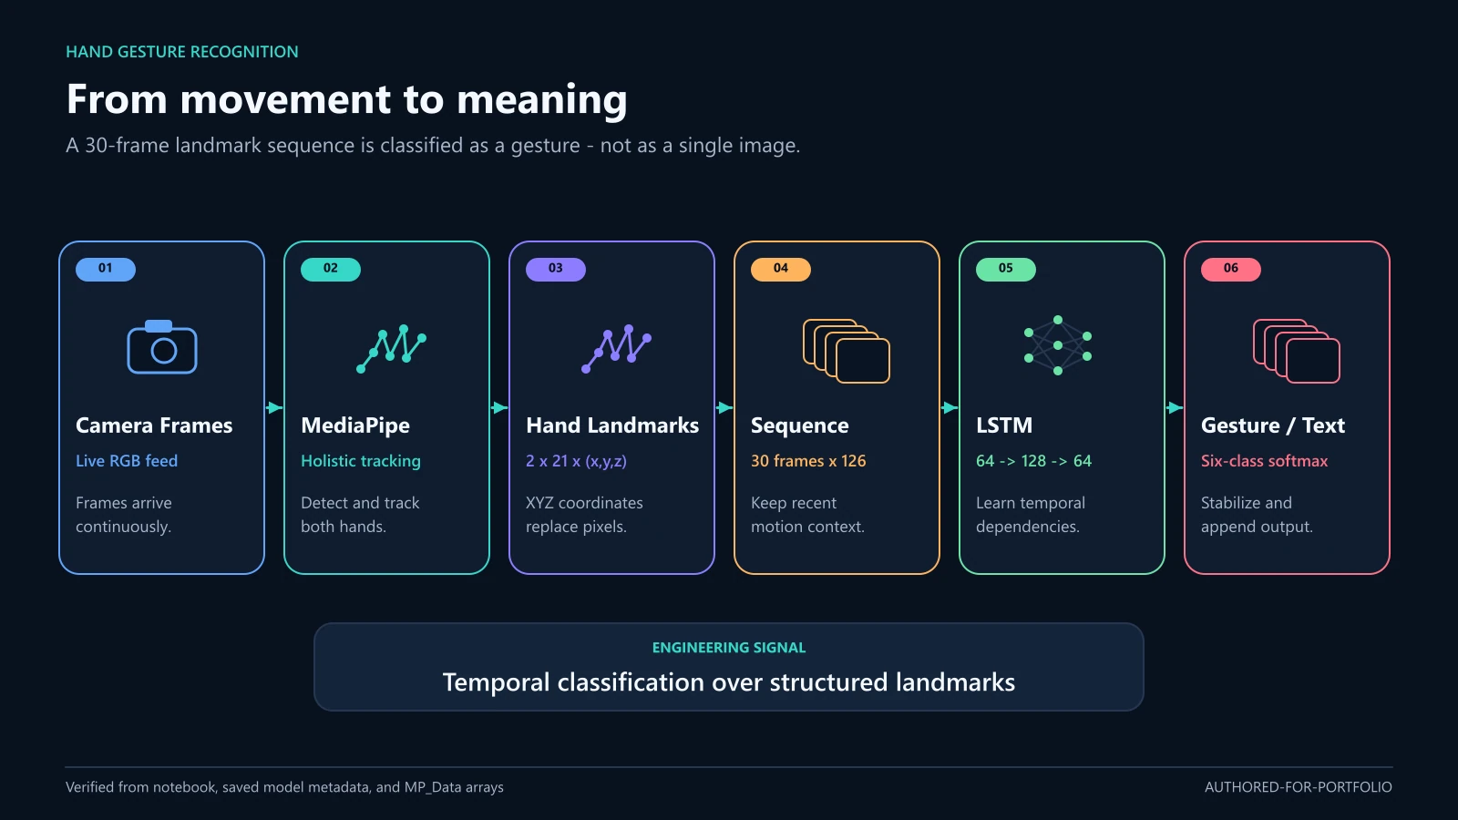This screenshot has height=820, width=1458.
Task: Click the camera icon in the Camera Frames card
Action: point(162,347)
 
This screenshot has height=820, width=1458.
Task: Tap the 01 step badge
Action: point(106,269)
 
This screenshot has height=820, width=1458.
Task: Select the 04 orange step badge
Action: point(780,269)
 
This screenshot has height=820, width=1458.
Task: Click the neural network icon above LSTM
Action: point(1058,345)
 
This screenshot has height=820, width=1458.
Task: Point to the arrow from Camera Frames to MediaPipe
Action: point(274,408)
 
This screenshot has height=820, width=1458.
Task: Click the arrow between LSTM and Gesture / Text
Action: point(1175,408)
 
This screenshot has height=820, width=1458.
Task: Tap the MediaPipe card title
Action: point(355,425)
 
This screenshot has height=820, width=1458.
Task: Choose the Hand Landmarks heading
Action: point(612,425)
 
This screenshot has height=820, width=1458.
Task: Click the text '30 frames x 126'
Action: point(808,461)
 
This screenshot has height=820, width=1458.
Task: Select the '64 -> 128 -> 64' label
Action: point(1033,461)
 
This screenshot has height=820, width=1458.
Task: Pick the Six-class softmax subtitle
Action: point(1264,461)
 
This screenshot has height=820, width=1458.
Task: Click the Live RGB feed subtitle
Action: point(127,461)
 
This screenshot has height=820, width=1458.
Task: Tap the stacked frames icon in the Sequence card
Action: point(847,351)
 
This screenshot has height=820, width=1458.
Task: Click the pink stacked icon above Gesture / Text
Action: point(1297,351)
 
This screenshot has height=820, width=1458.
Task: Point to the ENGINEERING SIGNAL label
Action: point(729,648)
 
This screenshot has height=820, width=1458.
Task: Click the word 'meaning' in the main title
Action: point(541,99)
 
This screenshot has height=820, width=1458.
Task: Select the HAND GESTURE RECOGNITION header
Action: point(182,52)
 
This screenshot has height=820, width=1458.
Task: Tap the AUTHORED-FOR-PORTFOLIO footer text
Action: point(1299,787)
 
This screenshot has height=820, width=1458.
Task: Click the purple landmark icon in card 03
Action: point(616,348)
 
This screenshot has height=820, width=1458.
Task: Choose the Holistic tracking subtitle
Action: point(361,461)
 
